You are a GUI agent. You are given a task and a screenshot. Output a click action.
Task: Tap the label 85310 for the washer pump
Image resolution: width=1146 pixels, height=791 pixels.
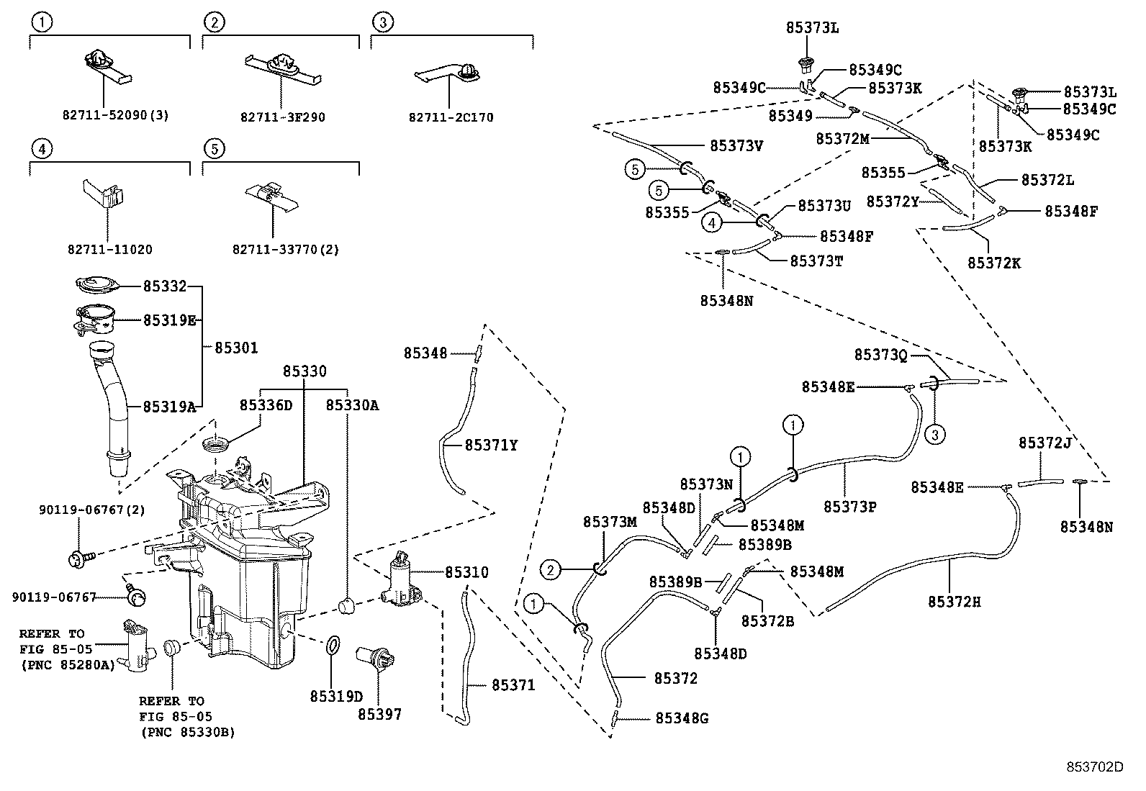click(466, 573)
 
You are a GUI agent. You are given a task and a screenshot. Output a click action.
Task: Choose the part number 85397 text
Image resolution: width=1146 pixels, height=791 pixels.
click(379, 714)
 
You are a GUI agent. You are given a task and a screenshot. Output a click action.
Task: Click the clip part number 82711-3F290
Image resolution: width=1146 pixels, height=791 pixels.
click(284, 117)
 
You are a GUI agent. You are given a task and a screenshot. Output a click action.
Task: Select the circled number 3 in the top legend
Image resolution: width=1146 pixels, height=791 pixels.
click(383, 23)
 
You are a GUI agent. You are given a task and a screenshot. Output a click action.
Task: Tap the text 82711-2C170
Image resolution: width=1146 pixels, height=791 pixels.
click(451, 117)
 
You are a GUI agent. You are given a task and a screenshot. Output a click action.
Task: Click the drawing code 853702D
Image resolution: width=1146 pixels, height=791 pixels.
click(1094, 767)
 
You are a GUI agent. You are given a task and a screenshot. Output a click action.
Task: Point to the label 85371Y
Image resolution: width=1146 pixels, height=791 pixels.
click(491, 446)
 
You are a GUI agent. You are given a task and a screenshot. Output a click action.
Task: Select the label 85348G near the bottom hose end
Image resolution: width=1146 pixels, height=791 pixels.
click(682, 718)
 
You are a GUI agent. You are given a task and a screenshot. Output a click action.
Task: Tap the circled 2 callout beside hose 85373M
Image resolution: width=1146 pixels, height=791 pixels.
click(551, 571)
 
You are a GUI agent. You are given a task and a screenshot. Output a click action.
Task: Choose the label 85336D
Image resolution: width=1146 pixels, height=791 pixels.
click(266, 405)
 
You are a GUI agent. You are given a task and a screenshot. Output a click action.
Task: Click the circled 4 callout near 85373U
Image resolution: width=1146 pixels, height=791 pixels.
click(711, 224)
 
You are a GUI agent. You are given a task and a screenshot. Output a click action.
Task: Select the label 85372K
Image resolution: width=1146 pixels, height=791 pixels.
click(993, 263)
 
